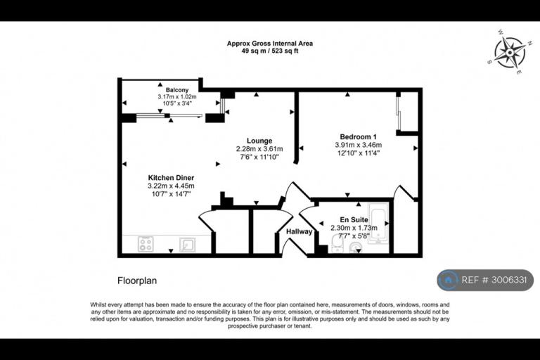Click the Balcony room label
(x=177, y=90)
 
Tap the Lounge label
(x=259, y=141)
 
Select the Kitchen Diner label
(x=171, y=178)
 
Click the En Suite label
(x=354, y=219)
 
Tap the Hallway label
(x=300, y=231)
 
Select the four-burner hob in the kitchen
(x=146, y=244)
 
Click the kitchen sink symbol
(x=188, y=245)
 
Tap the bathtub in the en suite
(x=378, y=223)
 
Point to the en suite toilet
(x=337, y=243)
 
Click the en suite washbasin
(x=355, y=247)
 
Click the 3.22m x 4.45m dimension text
(x=171, y=186)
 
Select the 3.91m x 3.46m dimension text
(x=358, y=145)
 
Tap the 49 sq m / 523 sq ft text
(x=270, y=51)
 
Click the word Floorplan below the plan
(x=137, y=281)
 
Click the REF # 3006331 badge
(x=485, y=280)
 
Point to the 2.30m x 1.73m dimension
(x=354, y=228)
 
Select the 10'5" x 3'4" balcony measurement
(x=177, y=103)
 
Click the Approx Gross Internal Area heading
(x=270, y=44)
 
